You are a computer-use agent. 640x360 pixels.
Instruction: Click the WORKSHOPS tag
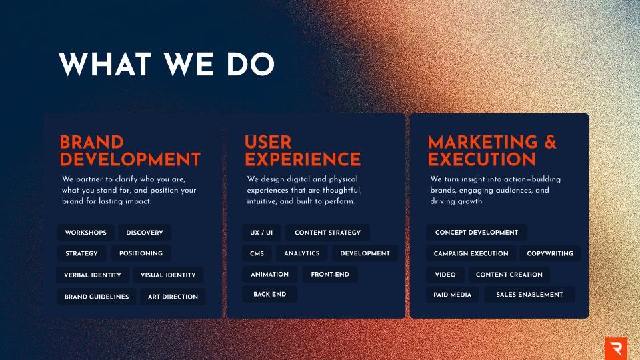point(85,233)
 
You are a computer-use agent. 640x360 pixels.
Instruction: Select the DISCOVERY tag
point(145,233)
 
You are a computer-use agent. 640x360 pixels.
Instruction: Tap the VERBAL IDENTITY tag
point(93,275)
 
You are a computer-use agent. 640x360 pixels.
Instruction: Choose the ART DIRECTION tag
point(173,297)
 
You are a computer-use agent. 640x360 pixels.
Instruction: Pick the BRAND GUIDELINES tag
point(97,297)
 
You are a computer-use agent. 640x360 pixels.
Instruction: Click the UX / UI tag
point(261,233)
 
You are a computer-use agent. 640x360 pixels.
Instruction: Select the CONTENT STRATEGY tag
point(328,233)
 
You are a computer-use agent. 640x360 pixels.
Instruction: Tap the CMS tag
point(257,253)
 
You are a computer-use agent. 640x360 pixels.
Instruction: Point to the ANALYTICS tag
point(301,253)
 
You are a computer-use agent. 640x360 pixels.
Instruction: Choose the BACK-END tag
point(270,294)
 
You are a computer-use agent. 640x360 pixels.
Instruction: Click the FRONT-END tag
point(330,274)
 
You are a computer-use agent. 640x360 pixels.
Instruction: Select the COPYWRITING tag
point(550,253)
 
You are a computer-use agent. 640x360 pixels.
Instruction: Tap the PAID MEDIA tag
point(452,295)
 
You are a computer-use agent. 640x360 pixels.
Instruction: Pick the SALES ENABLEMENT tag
point(529,295)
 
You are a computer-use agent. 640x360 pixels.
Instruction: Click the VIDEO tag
point(445,275)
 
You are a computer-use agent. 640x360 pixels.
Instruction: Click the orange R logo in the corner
point(616,349)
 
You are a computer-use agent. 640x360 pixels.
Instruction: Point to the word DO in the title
point(250,64)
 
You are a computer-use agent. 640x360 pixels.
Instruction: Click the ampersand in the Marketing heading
point(550,142)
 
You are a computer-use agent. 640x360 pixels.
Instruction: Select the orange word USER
point(268,143)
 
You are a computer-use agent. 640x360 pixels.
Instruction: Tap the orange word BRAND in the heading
point(92,143)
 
